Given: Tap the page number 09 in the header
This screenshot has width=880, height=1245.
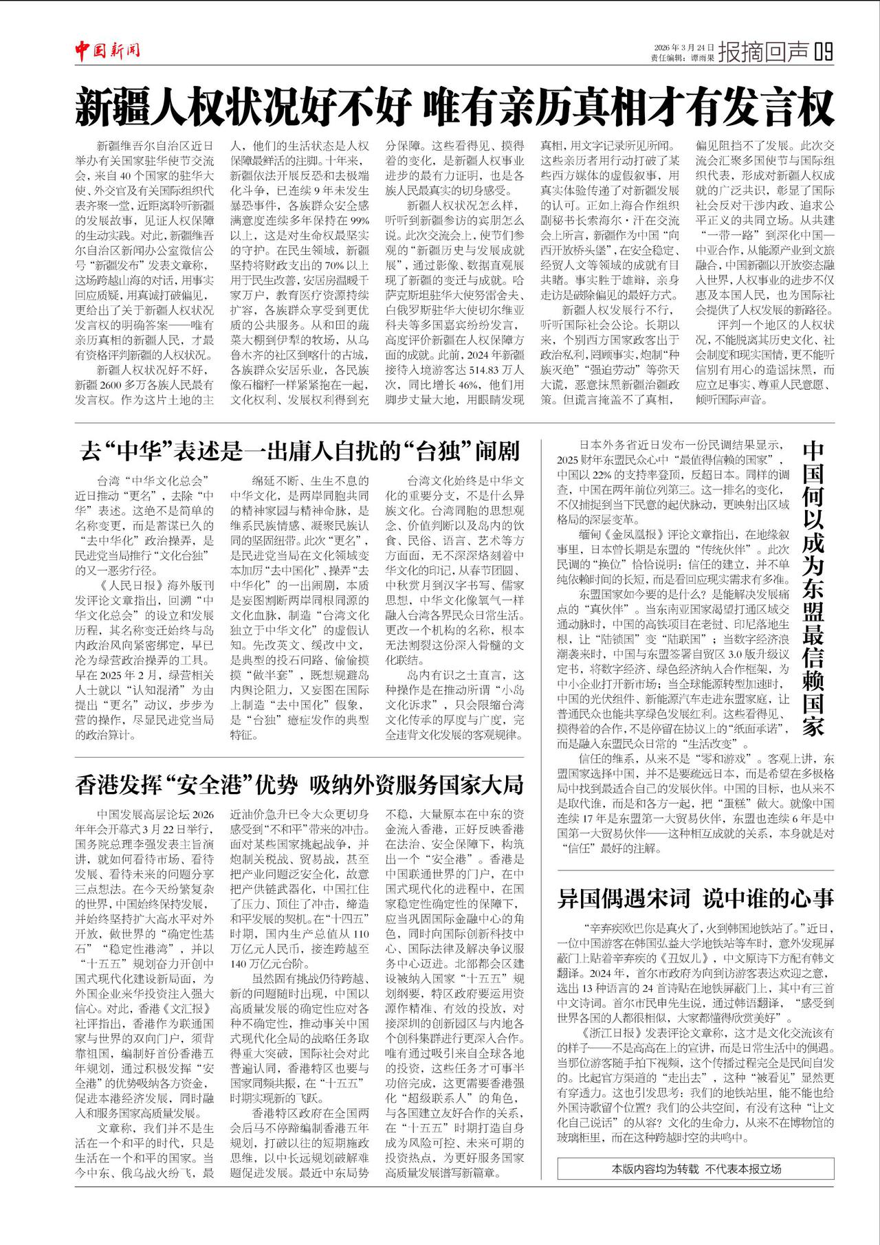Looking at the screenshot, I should click(x=823, y=52).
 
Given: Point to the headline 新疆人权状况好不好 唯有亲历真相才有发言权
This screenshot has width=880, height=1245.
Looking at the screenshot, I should click(x=454, y=107).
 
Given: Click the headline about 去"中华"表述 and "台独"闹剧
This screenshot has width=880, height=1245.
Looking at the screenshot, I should click(x=300, y=452).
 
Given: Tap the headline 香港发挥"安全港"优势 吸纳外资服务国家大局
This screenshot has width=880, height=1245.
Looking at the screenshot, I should click(x=300, y=784).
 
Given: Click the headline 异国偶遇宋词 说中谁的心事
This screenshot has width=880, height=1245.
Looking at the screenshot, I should click(x=695, y=898).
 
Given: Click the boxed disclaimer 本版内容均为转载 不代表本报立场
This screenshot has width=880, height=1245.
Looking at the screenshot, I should click(x=696, y=1169).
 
